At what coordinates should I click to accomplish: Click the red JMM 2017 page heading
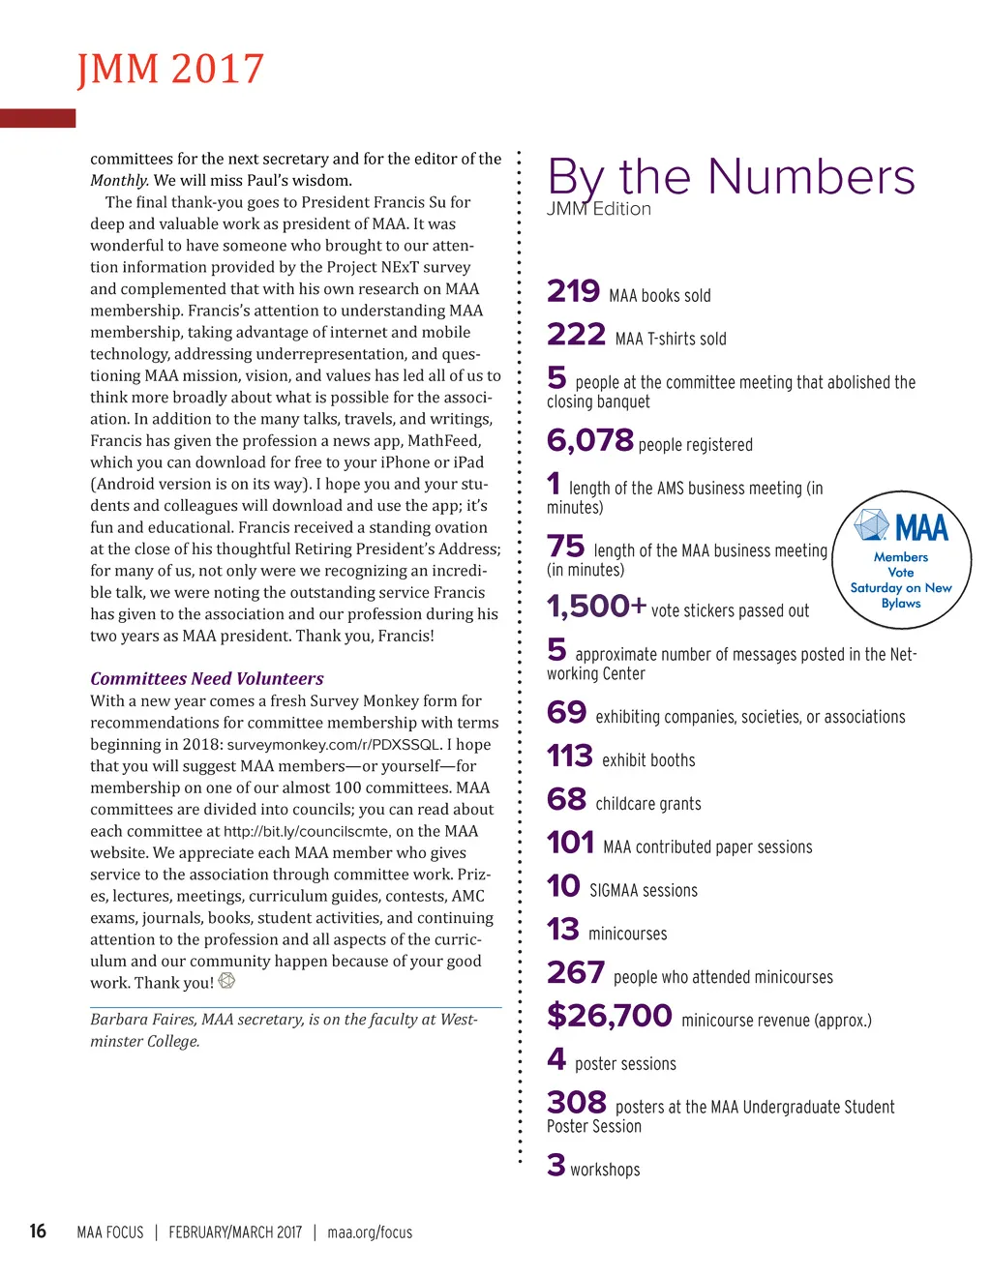click(170, 70)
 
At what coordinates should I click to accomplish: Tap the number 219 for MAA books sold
click(573, 291)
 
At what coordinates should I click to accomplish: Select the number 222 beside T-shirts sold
click(576, 335)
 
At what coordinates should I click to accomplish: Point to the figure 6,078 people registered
click(589, 441)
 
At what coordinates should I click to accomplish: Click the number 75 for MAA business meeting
click(565, 547)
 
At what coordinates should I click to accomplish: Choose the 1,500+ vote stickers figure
click(596, 607)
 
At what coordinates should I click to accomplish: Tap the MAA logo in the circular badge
click(901, 526)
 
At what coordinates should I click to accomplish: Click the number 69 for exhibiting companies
click(566, 713)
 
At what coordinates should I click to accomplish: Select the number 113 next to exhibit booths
click(569, 757)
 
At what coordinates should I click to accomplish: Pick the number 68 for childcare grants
click(566, 800)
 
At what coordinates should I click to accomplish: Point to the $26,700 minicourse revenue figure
click(609, 1016)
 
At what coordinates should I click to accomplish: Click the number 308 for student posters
click(576, 1103)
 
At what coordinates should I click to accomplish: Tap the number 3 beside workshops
click(556, 1166)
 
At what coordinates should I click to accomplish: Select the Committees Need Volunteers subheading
click(207, 679)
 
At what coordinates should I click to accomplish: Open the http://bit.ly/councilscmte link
click(307, 832)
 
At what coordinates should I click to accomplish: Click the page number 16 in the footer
click(38, 1231)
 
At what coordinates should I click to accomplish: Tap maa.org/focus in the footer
click(370, 1232)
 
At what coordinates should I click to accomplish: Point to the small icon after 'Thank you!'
click(226, 981)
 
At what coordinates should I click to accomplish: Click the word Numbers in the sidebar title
click(811, 178)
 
